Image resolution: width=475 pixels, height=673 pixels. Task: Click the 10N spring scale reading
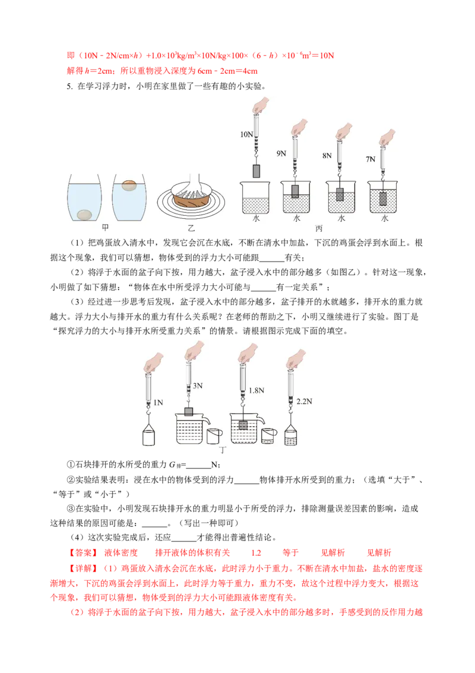click(246, 134)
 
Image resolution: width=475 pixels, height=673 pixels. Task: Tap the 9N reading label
click(281, 153)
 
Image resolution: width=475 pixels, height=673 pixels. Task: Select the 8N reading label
click(327, 155)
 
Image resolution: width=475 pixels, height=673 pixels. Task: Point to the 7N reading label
click(370, 159)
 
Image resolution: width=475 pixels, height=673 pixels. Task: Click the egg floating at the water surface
click(129, 185)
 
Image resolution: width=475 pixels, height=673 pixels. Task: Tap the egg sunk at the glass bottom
click(84, 215)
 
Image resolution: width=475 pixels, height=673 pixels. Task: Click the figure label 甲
click(106, 227)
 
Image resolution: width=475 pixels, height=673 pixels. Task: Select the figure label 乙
click(191, 228)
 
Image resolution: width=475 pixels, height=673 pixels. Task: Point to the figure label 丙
click(318, 228)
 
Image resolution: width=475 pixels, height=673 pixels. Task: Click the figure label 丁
click(223, 450)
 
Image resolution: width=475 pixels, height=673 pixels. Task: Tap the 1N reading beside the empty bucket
click(158, 402)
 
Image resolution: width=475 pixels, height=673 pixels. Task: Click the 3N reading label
click(198, 386)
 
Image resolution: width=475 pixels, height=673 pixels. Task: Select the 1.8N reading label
click(256, 391)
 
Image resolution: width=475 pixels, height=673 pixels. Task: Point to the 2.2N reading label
click(305, 402)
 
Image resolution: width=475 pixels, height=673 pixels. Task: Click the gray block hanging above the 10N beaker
click(256, 171)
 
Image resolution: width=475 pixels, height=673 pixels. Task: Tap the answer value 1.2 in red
click(256, 553)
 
